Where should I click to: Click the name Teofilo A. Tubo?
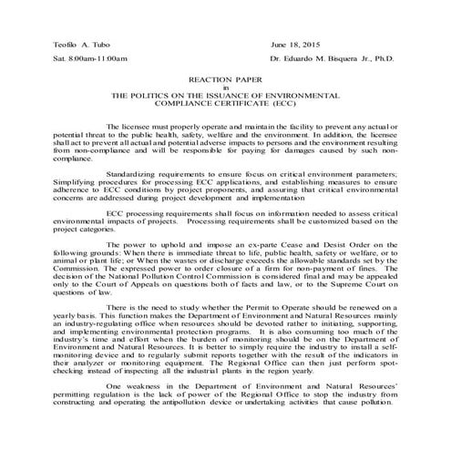tap(69, 45)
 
